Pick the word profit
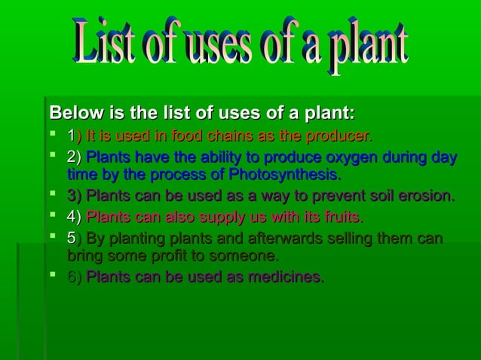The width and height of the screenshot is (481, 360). click(149, 257)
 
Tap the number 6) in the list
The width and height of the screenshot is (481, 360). click(75, 277)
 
